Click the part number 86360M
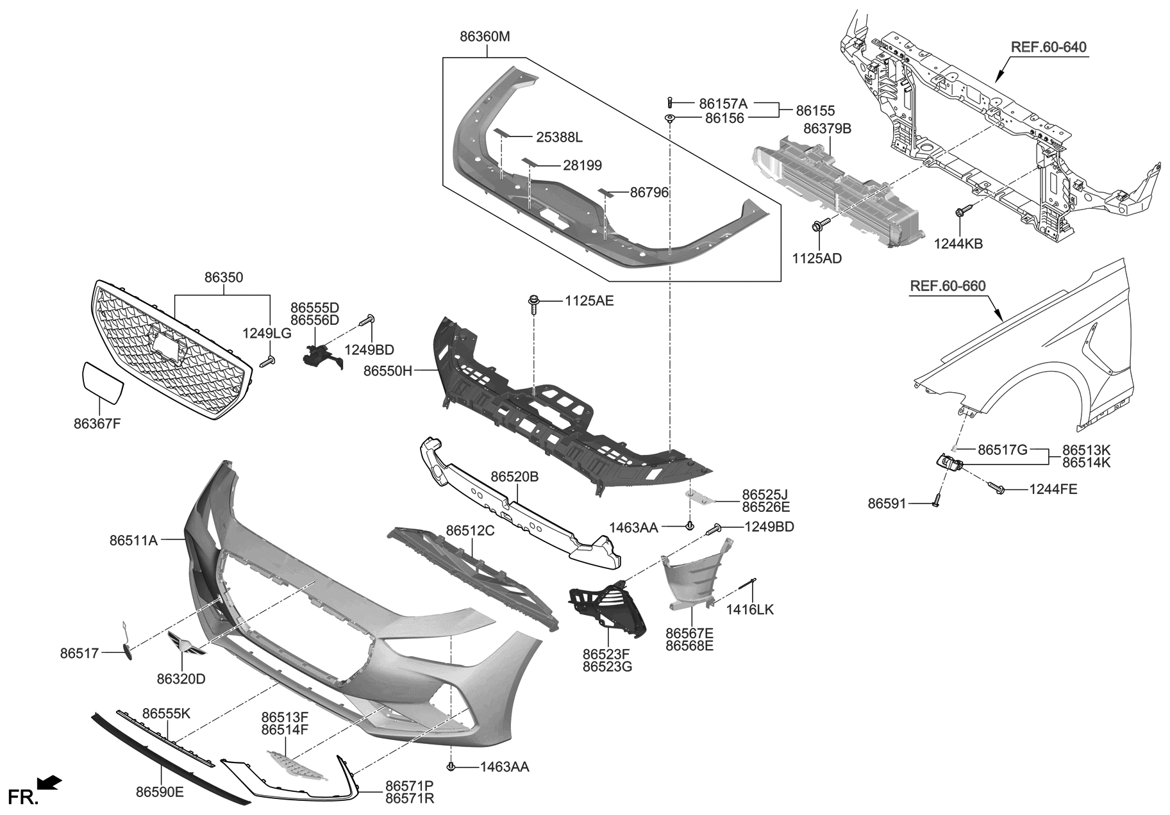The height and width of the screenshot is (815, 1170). tap(485, 37)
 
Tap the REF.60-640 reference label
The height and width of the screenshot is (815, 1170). tap(1048, 47)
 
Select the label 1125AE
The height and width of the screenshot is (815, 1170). tap(589, 300)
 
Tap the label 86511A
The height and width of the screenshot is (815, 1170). tap(133, 540)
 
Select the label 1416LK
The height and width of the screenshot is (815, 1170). tap(749, 609)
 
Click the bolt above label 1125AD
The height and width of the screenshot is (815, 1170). tap(820, 225)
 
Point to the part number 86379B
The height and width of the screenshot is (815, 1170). tap(827, 129)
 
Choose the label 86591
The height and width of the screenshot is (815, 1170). tap(887, 504)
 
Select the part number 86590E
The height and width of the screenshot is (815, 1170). tap(160, 792)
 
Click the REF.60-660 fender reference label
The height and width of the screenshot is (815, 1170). tap(948, 286)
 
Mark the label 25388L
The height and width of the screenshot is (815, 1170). tap(559, 137)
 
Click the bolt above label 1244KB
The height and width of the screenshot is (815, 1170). tap(963, 211)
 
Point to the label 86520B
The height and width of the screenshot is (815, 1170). tap(515, 477)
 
